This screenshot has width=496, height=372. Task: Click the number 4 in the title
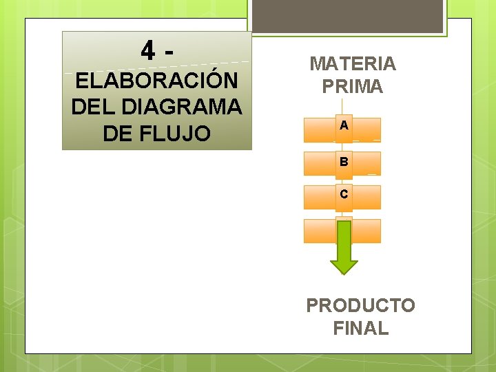point(147,50)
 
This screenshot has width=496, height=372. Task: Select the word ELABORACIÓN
point(157,81)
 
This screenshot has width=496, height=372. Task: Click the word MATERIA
point(353,64)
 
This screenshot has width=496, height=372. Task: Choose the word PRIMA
point(353,87)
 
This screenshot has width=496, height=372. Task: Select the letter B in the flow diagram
point(344,163)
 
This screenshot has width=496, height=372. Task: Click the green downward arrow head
point(344,266)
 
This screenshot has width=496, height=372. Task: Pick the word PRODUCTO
point(360,305)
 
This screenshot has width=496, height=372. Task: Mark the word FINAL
point(360,329)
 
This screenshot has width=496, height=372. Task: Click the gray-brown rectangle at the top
point(347,16)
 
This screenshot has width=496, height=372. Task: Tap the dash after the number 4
point(169,50)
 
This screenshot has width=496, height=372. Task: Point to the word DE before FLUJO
point(117,133)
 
